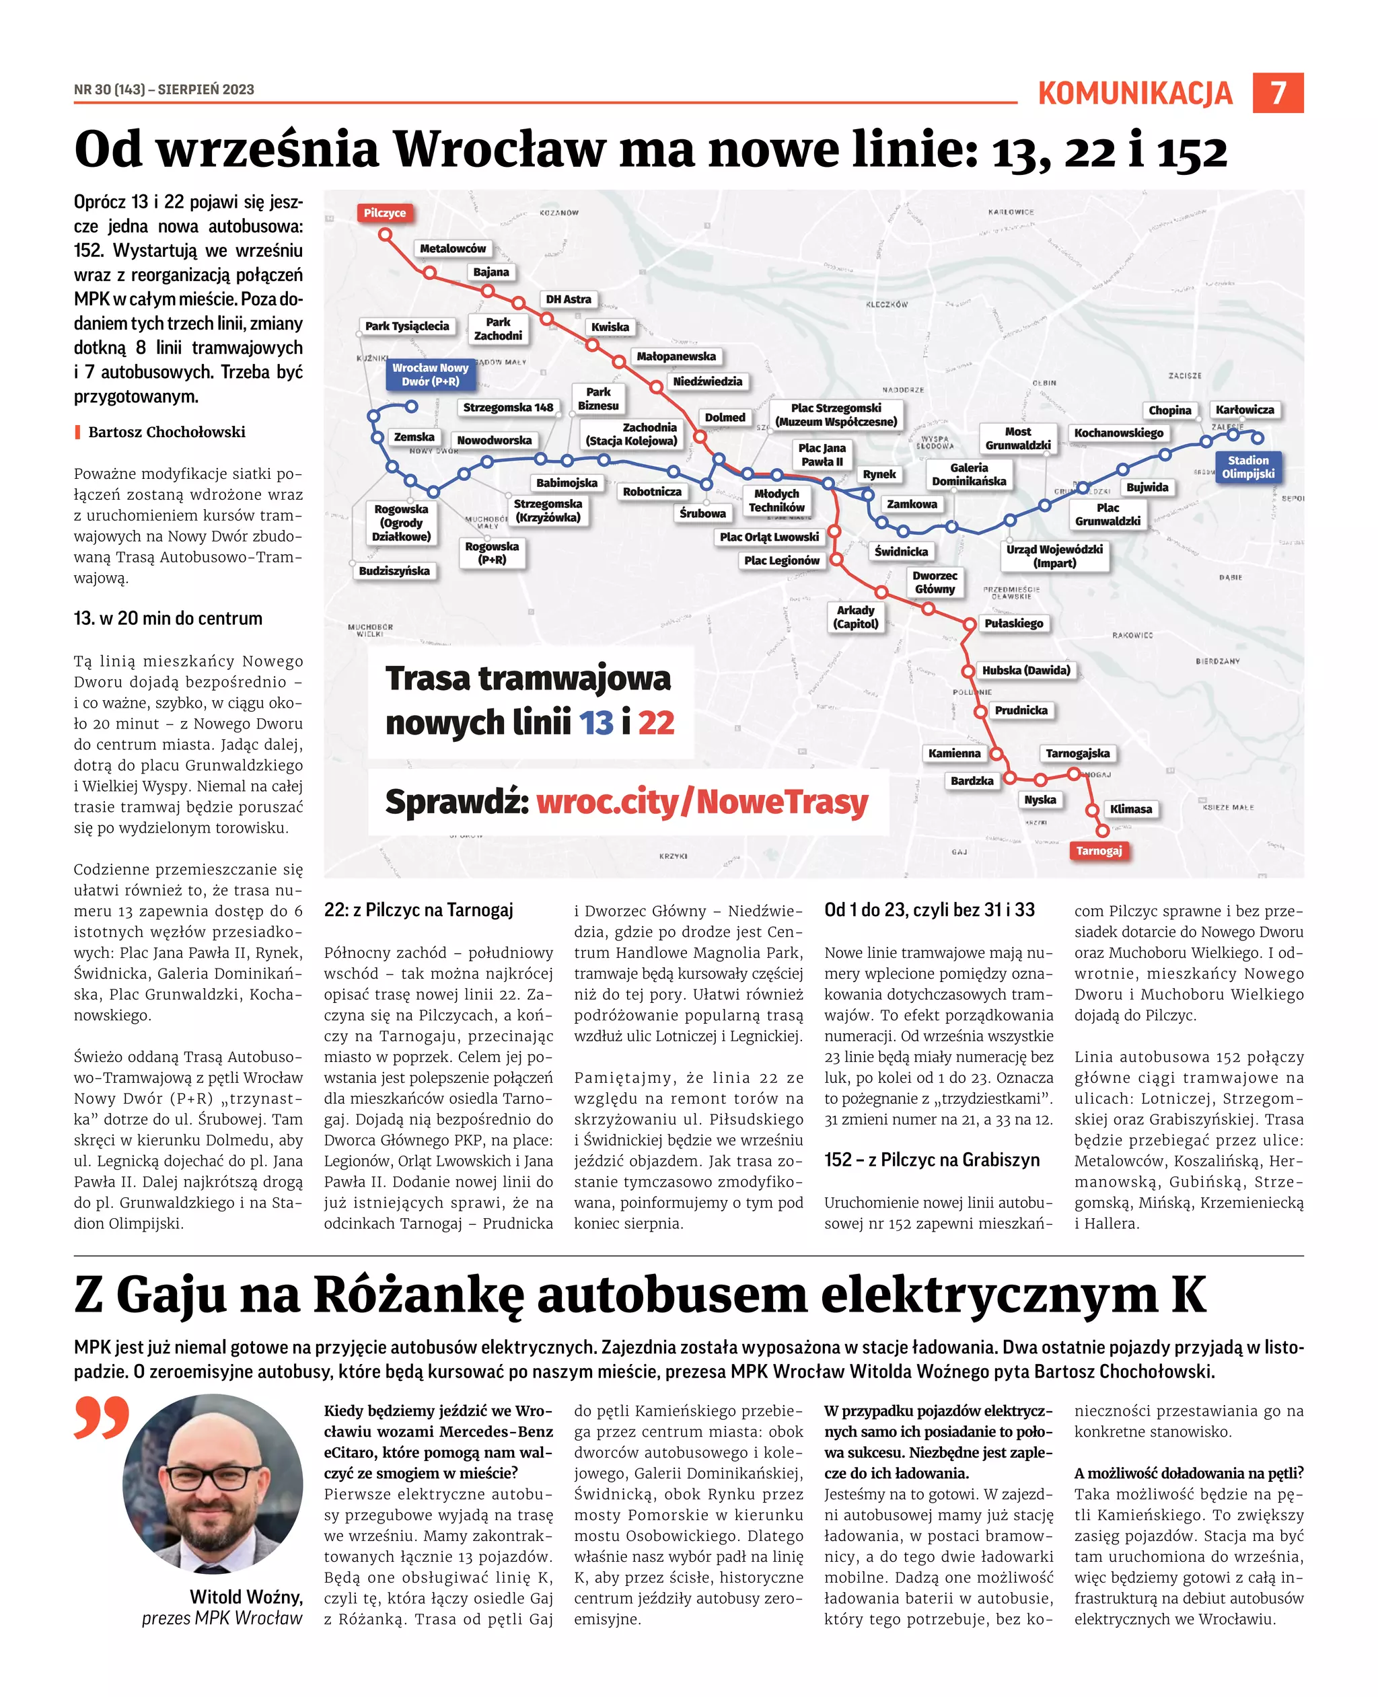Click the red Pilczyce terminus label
coord(384,213)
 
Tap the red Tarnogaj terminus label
coord(1099,850)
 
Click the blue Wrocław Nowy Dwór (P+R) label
coord(430,375)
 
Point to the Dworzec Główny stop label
coord(935,582)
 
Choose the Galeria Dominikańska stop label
coord(968,474)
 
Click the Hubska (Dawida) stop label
coord(1025,671)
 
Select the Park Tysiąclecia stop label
coord(406,326)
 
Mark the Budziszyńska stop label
coord(394,570)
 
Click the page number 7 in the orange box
coord(1277,93)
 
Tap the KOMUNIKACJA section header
coord(1134,93)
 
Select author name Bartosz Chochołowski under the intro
coord(167,432)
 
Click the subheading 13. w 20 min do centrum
coord(168,618)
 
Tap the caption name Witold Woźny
coord(246,1597)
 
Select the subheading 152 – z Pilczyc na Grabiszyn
coord(931,1160)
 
